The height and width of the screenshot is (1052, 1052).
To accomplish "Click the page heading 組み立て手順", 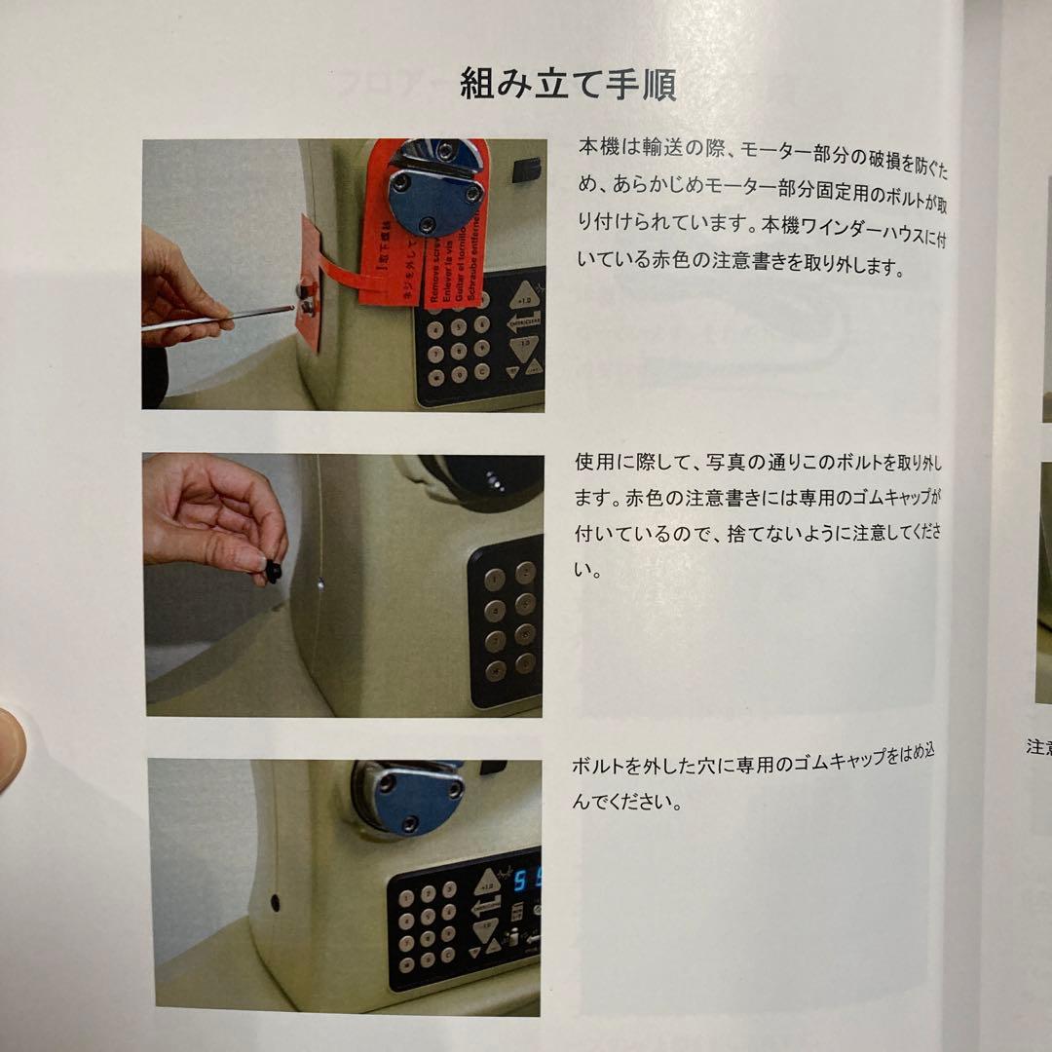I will (568, 86).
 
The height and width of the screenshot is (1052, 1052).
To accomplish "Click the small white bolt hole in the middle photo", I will (321, 587).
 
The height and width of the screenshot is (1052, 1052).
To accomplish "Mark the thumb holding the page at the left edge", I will (10, 750).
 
